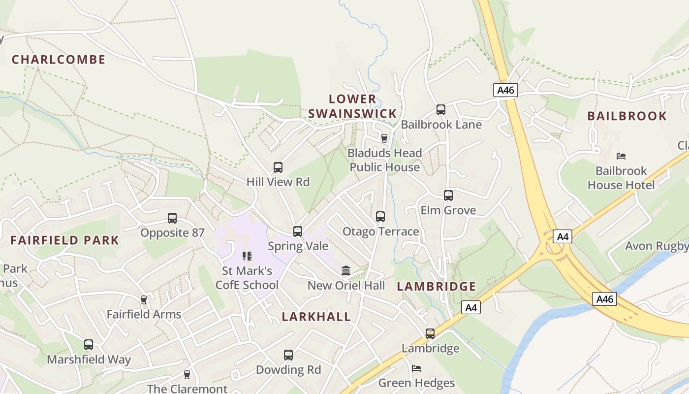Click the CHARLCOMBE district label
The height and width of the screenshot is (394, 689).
[59, 60]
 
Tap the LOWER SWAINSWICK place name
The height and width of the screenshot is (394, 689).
[352, 106]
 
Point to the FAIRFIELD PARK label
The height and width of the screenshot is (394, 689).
[65, 240]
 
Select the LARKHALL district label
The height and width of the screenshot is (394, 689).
[316, 317]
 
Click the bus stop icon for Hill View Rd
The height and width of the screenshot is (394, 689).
[278, 167]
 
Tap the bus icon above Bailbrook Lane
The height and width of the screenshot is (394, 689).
[441, 110]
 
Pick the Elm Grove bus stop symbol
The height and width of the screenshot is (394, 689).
[448, 196]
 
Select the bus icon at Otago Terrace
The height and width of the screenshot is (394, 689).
[380, 217]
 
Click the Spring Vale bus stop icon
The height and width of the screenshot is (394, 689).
[298, 231]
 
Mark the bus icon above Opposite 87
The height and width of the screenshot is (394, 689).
[172, 218]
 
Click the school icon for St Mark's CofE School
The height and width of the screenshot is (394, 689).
[247, 256]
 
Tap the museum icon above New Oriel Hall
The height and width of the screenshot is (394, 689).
[346, 271]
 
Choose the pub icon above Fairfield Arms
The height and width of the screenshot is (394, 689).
[144, 300]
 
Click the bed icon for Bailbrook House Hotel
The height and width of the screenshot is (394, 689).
[621, 156]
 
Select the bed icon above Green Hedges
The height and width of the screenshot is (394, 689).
[416, 368]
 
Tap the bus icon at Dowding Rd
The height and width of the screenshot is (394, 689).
[288, 355]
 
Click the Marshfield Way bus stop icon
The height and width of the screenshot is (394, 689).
[89, 345]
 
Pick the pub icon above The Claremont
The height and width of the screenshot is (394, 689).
[187, 375]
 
